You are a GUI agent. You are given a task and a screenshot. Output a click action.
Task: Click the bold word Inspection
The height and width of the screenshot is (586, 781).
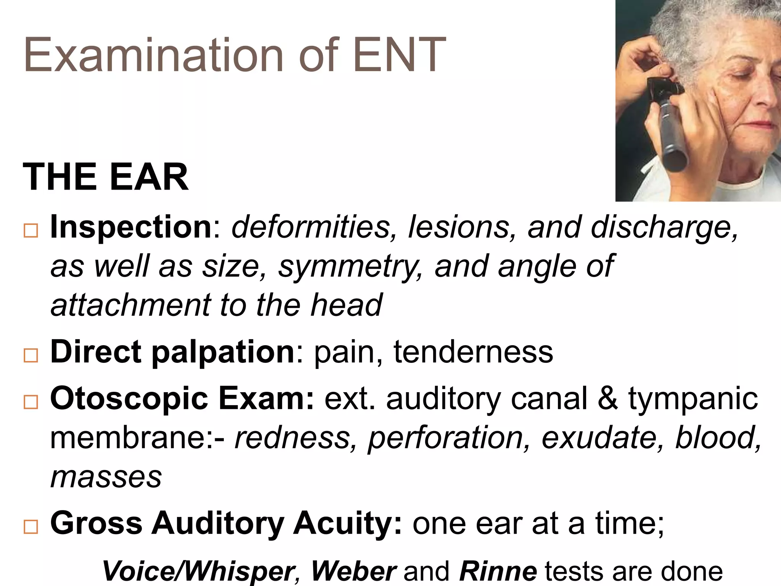pos(131,227)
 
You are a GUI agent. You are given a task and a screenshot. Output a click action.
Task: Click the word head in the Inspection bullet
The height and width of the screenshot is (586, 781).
pos(346,305)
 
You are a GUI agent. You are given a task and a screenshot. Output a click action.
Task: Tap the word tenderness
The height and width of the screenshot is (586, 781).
pos(473,352)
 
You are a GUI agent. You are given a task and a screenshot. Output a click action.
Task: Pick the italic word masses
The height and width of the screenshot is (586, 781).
pos(106,477)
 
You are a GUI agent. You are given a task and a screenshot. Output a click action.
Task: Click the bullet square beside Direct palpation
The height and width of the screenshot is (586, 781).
pos(31,355)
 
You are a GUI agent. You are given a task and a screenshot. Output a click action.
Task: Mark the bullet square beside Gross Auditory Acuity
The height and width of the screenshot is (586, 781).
pos(31,527)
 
